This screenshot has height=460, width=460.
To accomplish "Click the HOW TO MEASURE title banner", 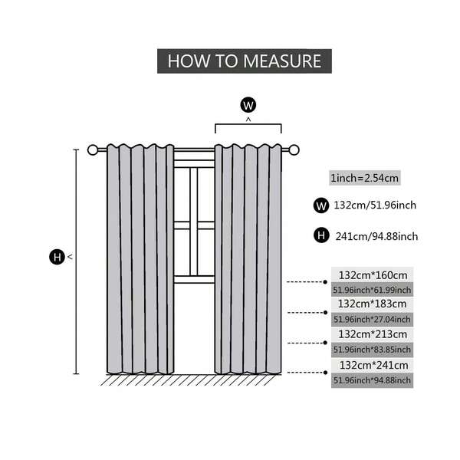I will coord(245,61).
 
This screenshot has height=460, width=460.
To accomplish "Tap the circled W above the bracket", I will coord(248,104).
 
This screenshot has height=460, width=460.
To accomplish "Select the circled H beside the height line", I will coord(57,258).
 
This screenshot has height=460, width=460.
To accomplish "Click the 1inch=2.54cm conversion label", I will coord(364,178).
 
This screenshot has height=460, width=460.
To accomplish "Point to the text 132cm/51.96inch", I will coord(375,205).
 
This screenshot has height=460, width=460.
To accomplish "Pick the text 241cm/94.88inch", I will coord(376,235).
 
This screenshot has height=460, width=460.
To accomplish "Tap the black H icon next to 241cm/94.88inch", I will coord(321,235).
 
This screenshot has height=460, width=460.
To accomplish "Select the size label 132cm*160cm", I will coord(373,274).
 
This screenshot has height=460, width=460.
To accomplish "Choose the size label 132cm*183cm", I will coord(373,304).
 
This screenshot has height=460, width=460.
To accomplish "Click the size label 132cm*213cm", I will coord(373,334).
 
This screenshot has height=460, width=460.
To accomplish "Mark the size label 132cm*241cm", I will coord(373,365).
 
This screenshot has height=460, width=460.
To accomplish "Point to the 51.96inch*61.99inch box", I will coord(373,289).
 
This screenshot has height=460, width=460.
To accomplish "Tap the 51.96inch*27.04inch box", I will coord(373,319).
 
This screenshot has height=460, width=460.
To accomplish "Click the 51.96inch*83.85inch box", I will coord(373,349).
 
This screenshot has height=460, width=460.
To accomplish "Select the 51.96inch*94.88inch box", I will coord(373,379).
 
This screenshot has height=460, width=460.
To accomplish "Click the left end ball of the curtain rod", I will coord(94,150).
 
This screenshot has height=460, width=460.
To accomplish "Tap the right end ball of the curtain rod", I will coord(293,150).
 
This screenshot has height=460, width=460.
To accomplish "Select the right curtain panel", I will coord(248,261).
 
